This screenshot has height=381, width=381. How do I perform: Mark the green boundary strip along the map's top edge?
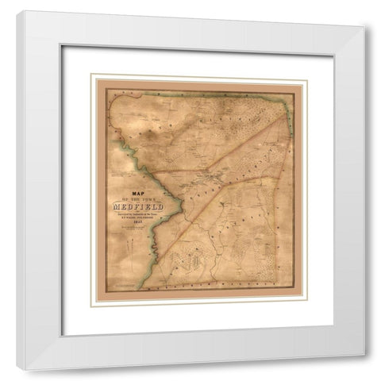(198, 94)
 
